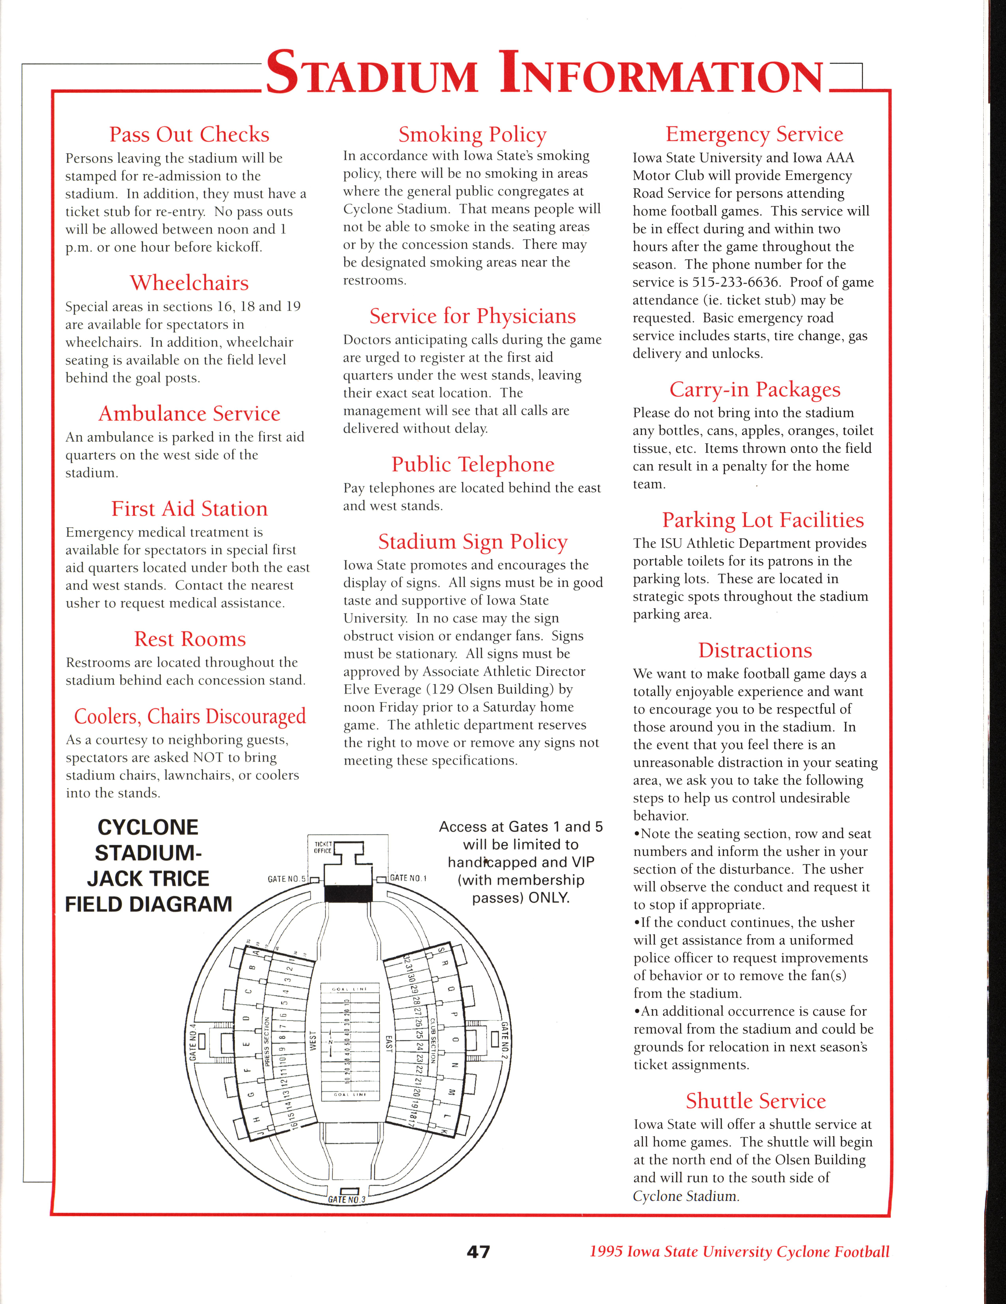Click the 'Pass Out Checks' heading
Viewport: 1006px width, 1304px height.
pos(189,134)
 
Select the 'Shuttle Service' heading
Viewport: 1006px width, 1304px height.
pos(755,1100)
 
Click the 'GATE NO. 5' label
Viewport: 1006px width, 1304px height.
pos(287,879)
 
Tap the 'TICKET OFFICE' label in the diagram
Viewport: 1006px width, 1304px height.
pos(322,847)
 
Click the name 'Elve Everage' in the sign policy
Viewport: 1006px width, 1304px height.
pos(382,690)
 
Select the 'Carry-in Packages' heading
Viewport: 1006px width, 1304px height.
pos(755,389)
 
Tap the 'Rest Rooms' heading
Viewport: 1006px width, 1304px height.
pos(190,639)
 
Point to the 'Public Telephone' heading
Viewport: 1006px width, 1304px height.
pos(473,464)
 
